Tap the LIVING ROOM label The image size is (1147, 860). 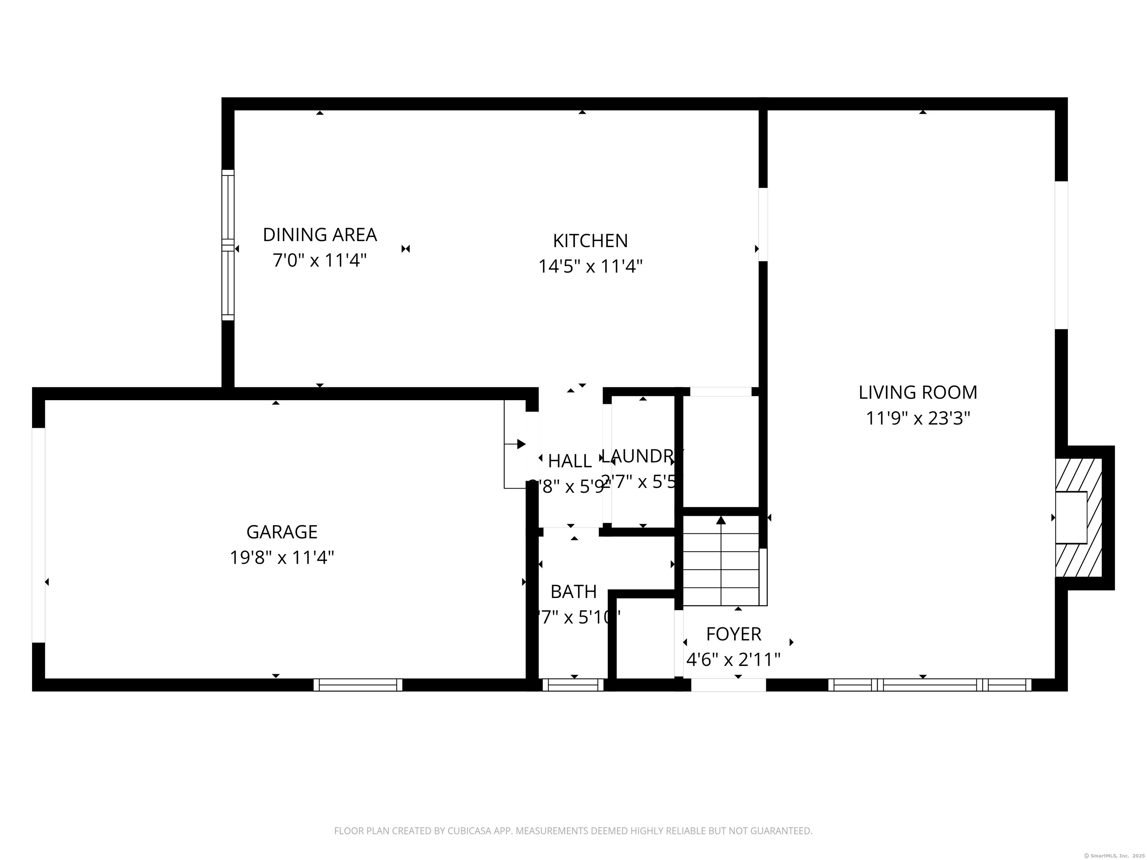(x=917, y=392)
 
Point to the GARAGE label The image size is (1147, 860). (x=282, y=532)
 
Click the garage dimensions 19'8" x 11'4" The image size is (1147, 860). (x=282, y=558)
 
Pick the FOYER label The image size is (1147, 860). (x=733, y=634)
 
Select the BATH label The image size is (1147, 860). (x=573, y=592)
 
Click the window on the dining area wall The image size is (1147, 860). (x=228, y=245)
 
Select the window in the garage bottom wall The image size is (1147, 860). (x=358, y=685)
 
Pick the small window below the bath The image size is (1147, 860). (x=573, y=685)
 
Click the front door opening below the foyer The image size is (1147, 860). (x=728, y=685)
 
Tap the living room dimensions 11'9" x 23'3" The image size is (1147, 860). (x=917, y=418)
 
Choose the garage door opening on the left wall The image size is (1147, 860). (x=38, y=535)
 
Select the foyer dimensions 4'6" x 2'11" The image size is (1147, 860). (x=733, y=660)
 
